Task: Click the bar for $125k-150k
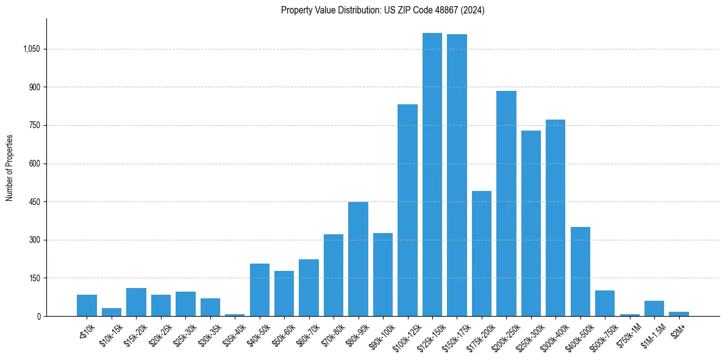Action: click(x=432, y=175)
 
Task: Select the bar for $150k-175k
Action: click(x=457, y=175)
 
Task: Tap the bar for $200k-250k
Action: click(x=506, y=203)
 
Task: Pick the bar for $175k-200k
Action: click(x=482, y=253)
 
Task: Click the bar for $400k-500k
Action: click(x=580, y=272)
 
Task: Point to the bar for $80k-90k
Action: click(x=358, y=259)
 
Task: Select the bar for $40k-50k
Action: click(x=260, y=290)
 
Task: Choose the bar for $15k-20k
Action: click(x=136, y=302)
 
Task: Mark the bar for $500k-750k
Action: click(x=605, y=303)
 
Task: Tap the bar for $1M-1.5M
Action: click(x=654, y=308)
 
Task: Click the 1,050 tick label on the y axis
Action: click(x=31, y=49)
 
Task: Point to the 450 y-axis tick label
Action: click(x=34, y=202)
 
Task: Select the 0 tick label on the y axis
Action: click(x=38, y=316)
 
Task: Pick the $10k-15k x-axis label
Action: click(x=110, y=334)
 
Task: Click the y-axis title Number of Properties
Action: click(x=10, y=168)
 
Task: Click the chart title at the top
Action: click(x=382, y=10)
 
